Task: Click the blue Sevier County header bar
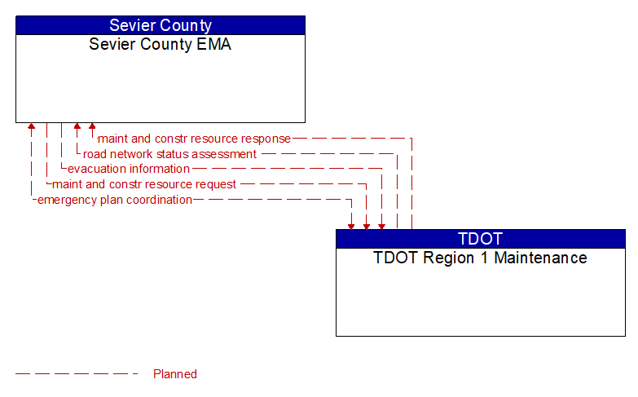(161, 25)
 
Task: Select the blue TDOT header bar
(480, 239)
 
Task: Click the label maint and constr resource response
(194, 139)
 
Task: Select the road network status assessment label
(169, 154)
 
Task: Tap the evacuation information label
(128, 169)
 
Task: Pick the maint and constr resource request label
(144, 184)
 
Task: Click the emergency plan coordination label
(115, 200)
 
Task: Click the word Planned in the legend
(175, 374)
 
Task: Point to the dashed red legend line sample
(77, 374)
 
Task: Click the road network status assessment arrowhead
(77, 127)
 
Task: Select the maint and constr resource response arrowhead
(92, 127)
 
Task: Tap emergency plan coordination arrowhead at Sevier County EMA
(31, 127)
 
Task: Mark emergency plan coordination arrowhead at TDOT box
(351, 225)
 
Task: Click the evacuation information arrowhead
(381, 225)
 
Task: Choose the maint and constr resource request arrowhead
(367, 225)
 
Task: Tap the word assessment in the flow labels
(224, 154)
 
